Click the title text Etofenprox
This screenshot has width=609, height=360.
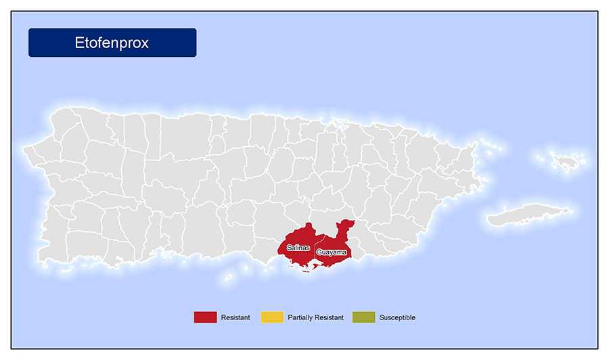click(112, 43)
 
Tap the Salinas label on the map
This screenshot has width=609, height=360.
click(298, 248)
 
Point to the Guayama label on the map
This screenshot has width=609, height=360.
click(332, 252)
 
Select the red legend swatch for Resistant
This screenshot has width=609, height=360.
click(205, 317)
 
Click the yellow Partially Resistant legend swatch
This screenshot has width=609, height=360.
click(272, 317)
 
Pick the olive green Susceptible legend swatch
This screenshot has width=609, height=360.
click(363, 317)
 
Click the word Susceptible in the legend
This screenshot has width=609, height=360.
click(397, 317)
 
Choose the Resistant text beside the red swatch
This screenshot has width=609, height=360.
click(235, 317)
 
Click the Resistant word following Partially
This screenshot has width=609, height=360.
click(331, 317)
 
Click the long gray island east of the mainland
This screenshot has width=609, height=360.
click(524, 215)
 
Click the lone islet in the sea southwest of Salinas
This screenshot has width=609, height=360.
click(229, 277)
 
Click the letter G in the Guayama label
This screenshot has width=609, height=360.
click(319, 252)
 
